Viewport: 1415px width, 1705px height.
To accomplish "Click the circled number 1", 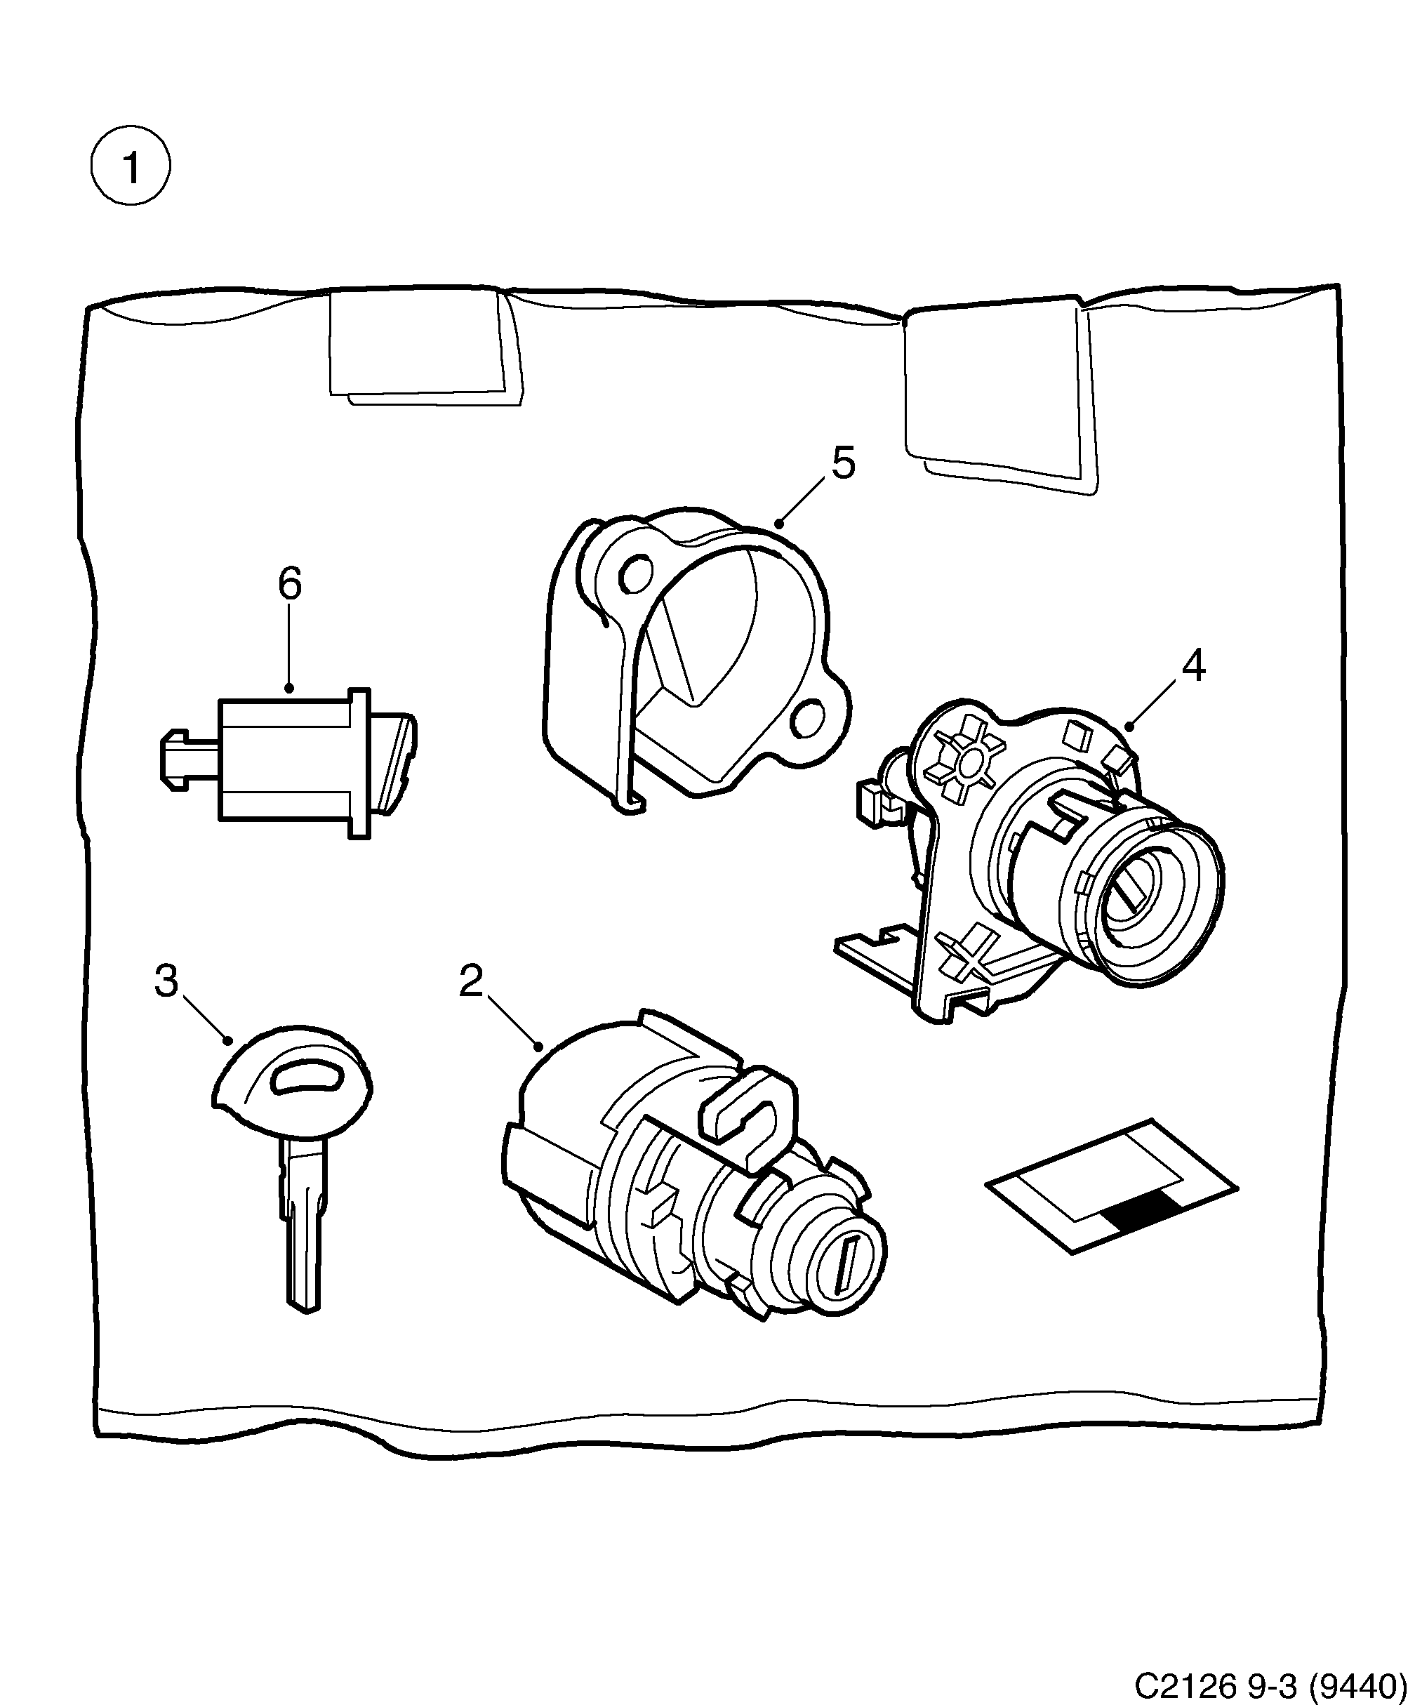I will click(130, 166).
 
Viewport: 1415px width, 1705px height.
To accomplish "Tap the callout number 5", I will click(844, 463).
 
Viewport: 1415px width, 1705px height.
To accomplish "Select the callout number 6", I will click(289, 584).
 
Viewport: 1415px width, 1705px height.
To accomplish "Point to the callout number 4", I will click(1193, 665).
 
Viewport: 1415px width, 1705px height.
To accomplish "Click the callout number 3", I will click(166, 981).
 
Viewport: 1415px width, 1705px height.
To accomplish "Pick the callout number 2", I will click(471, 981).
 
